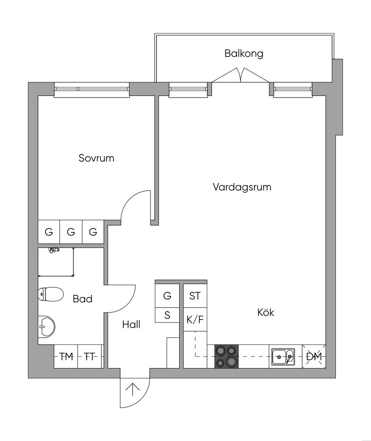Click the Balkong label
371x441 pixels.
(243, 54)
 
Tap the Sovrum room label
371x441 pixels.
(96, 158)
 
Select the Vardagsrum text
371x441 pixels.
(242, 187)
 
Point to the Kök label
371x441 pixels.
(266, 312)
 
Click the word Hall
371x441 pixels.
(131, 324)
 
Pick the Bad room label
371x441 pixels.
(83, 299)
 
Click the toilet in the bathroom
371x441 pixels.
(50, 294)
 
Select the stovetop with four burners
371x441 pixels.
(226, 357)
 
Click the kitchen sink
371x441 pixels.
(283, 357)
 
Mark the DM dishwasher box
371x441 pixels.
(314, 357)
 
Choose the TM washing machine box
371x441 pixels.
(66, 357)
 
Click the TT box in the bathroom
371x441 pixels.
(89, 357)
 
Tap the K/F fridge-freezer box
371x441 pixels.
(195, 320)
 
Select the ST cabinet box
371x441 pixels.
(195, 296)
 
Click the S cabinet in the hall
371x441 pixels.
(167, 315)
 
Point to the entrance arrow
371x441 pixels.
(133, 390)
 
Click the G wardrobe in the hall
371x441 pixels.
(167, 296)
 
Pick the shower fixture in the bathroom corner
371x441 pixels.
(54, 250)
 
